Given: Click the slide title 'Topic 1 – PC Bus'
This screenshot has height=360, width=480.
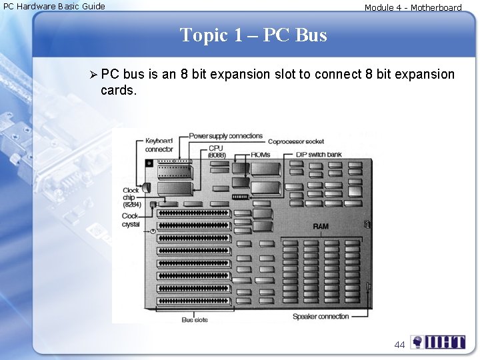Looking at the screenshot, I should pyautogui.click(x=253, y=35).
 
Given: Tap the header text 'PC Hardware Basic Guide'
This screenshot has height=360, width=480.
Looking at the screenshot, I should pyautogui.click(x=55, y=7).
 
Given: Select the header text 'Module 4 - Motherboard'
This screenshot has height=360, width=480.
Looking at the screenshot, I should pyautogui.click(x=413, y=8).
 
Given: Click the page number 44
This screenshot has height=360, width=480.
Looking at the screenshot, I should pyautogui.click(x=400, y=345).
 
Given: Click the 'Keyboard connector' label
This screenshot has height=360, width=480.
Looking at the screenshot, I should pyautogui.click(x=159, y=145).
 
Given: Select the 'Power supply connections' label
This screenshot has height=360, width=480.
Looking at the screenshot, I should pyautogui.click(x=226, y=136).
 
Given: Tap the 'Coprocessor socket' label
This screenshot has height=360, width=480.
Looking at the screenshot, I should pyautogui.click(x=296, y=141).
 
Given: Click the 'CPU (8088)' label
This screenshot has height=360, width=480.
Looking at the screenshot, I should pyautogui.click(x=216, y=151).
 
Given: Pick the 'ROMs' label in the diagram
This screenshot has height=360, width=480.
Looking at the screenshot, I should pyautogui.click(x=261, y=155).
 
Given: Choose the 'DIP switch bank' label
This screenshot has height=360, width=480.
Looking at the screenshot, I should pyautogui.click(x=319, y=155).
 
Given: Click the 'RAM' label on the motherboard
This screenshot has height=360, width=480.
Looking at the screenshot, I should pyautogui.click(x=321, y=227).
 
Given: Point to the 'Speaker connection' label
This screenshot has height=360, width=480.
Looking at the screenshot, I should pyautogui.click(x=321, y=317).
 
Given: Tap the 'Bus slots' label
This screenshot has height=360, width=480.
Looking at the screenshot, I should pyautogui.click(x=195, y=320).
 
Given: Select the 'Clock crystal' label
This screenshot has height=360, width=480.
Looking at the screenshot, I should pyautogui.click(x=131, y=220).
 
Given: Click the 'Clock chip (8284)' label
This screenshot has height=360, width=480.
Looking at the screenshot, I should pyautogui.click(x=131, y=197).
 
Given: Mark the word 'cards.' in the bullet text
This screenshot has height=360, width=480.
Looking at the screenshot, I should pyautogui.click(x=119, y=90).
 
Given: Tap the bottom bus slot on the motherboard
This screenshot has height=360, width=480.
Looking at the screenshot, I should pyautogui.click(x=193, y=301).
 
